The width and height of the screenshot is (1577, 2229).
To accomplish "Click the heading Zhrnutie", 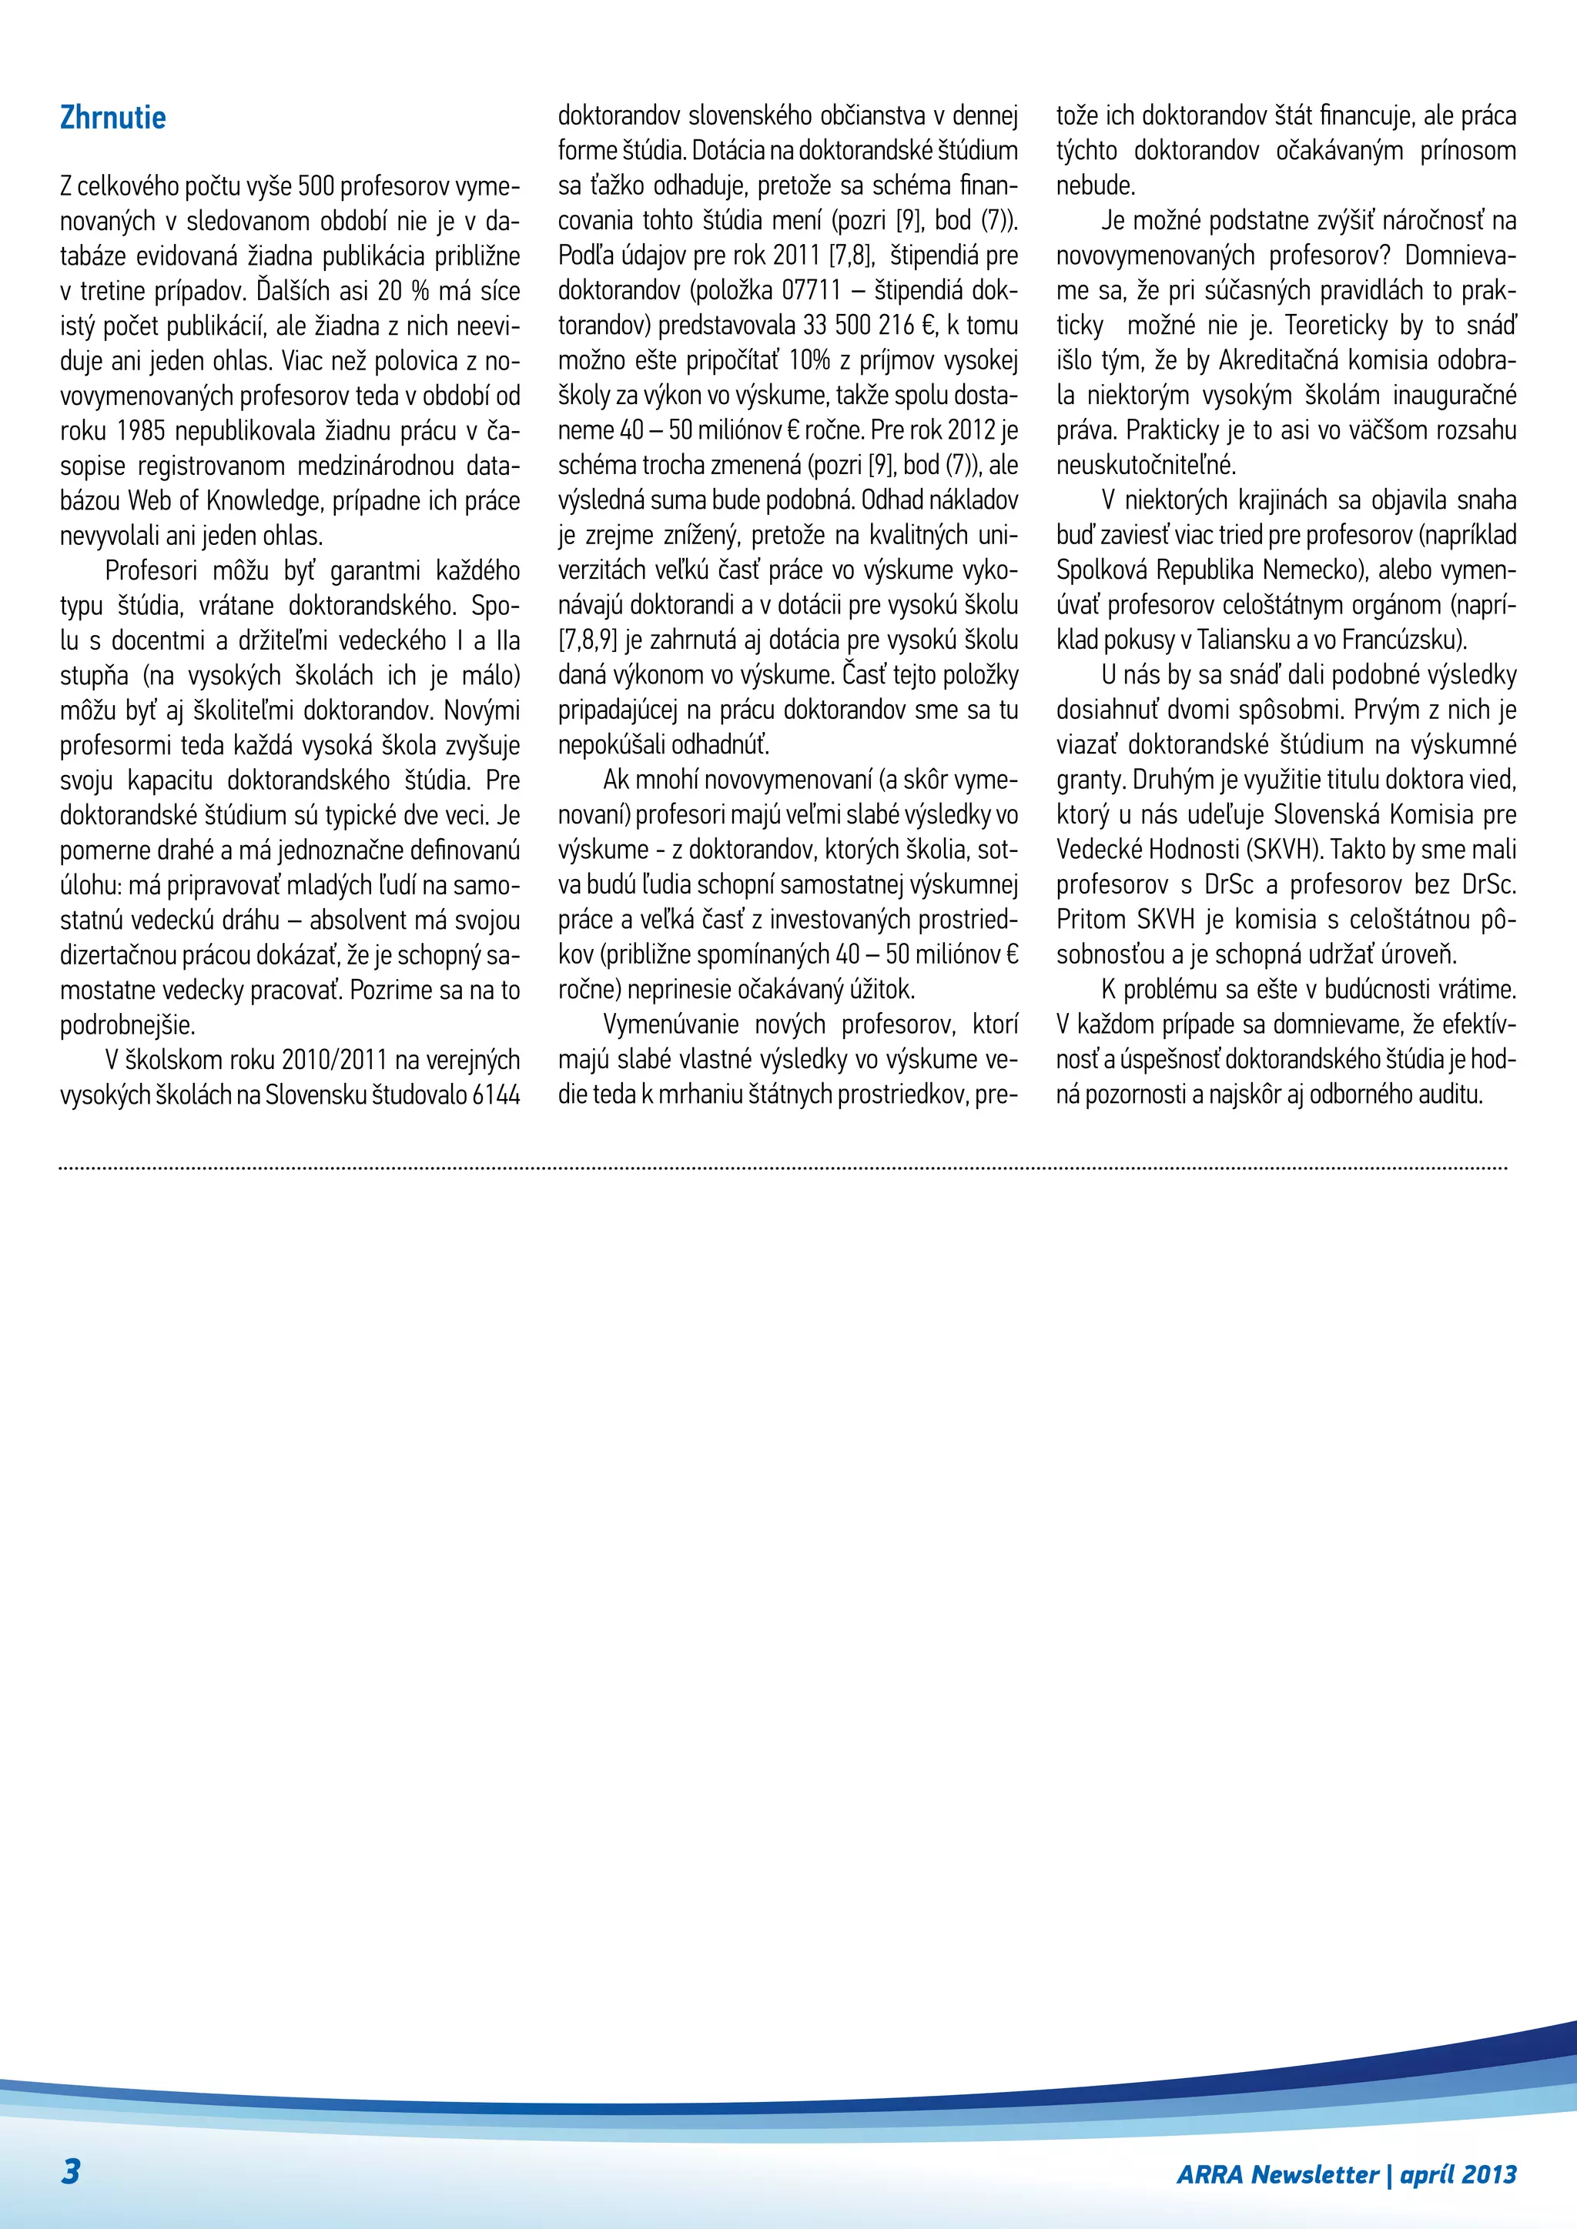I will [112, 118].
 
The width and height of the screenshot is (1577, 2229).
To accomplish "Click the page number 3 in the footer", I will [71, 2171].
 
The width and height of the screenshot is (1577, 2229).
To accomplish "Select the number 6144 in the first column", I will [495, 1095].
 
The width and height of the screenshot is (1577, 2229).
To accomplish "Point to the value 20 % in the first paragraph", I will [402, 291].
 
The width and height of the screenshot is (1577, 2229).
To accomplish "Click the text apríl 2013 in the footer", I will [1458, 2174].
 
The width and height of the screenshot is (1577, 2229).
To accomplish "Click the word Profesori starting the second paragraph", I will [150, 571].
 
